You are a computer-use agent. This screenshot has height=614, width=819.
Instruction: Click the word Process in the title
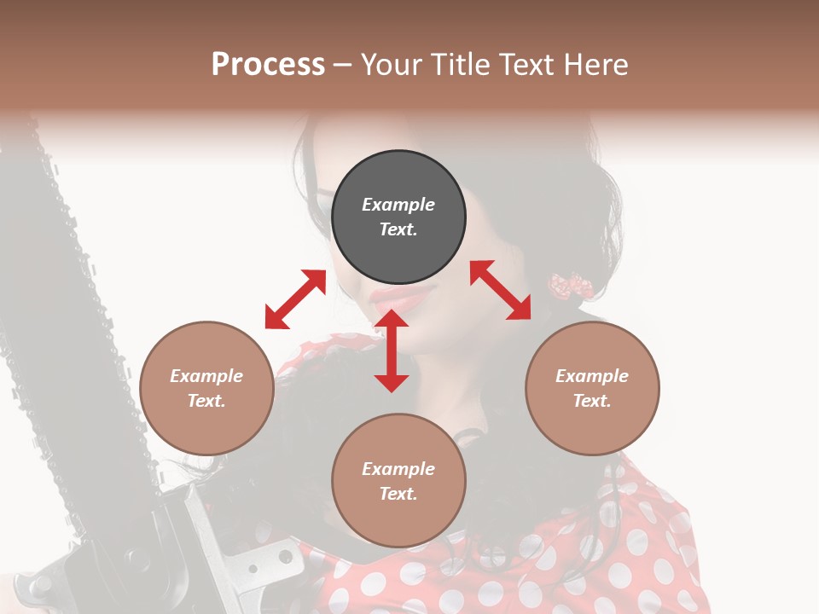pos(268,65)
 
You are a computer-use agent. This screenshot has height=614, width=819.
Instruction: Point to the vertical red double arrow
pos(392,350)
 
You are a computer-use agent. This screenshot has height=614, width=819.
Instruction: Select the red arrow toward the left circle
pos(295,299)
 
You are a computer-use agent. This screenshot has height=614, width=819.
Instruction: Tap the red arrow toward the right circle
pos(501,290)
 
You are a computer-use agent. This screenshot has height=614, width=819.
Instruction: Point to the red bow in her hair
pos(570,287)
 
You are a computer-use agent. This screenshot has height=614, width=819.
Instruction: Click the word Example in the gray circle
pos(398,205)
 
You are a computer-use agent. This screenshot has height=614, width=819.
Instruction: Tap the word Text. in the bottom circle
pos(398,494)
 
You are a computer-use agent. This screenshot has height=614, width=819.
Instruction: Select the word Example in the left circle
pos(206,376)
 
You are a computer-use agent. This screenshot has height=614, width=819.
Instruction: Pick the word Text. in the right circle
pos(592,401)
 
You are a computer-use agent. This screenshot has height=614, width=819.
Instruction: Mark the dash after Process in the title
pos(342,66)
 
